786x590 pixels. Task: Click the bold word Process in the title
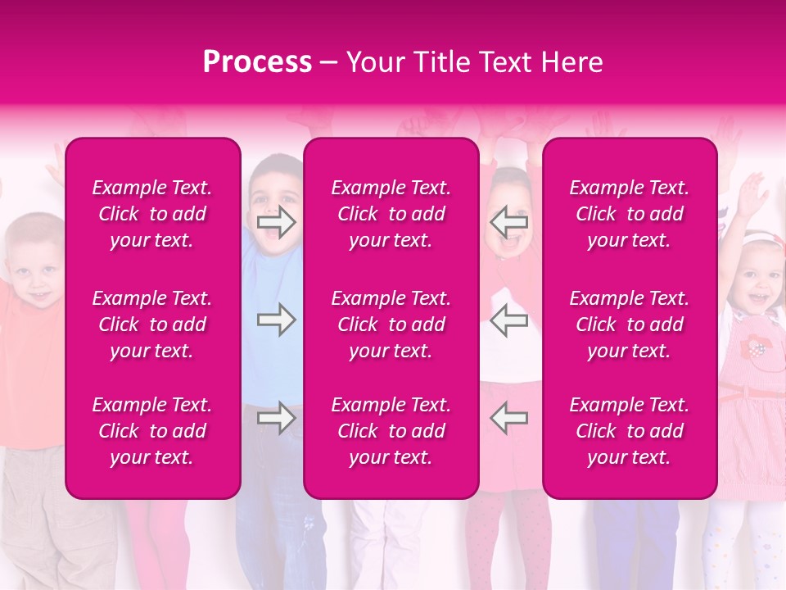pyautogui.click(x=257, y=62)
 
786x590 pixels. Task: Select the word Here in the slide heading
pyautogui.click(x=570, y=62)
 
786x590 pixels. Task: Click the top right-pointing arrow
pyautogui.click(x=277, y=222)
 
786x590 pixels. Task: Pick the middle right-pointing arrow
pyautogui.click(x=277, y=320)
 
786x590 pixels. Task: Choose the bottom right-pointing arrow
pyautogui.click(x=277, y=418)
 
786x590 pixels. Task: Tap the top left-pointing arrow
pyautogui.click(x=509, y=222)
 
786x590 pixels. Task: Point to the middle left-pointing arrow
pyautogui.click(x=509, y=320)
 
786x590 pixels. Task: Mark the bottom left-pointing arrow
pyautogui.click(x=509, y=418)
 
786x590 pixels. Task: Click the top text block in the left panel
pyautogui.click(x=152, y=214)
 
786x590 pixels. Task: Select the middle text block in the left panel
pyautogui.click(x=152, y=324)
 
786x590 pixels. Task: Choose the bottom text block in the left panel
pyautogui.click(x=152, y=431)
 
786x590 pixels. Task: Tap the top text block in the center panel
pyautogui.click(x=391, y=214)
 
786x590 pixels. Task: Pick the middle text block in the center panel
pyautogui.click(x=391, y=324)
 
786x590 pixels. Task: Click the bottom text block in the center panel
pyautogui.click(x=391, y=431)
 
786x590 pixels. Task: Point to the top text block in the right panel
pyautogui.click(x=629, y=214)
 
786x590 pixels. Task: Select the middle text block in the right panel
pyautogui.click(x=629, y=324)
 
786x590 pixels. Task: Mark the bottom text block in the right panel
pyautogui.click(x=629, y=431)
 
